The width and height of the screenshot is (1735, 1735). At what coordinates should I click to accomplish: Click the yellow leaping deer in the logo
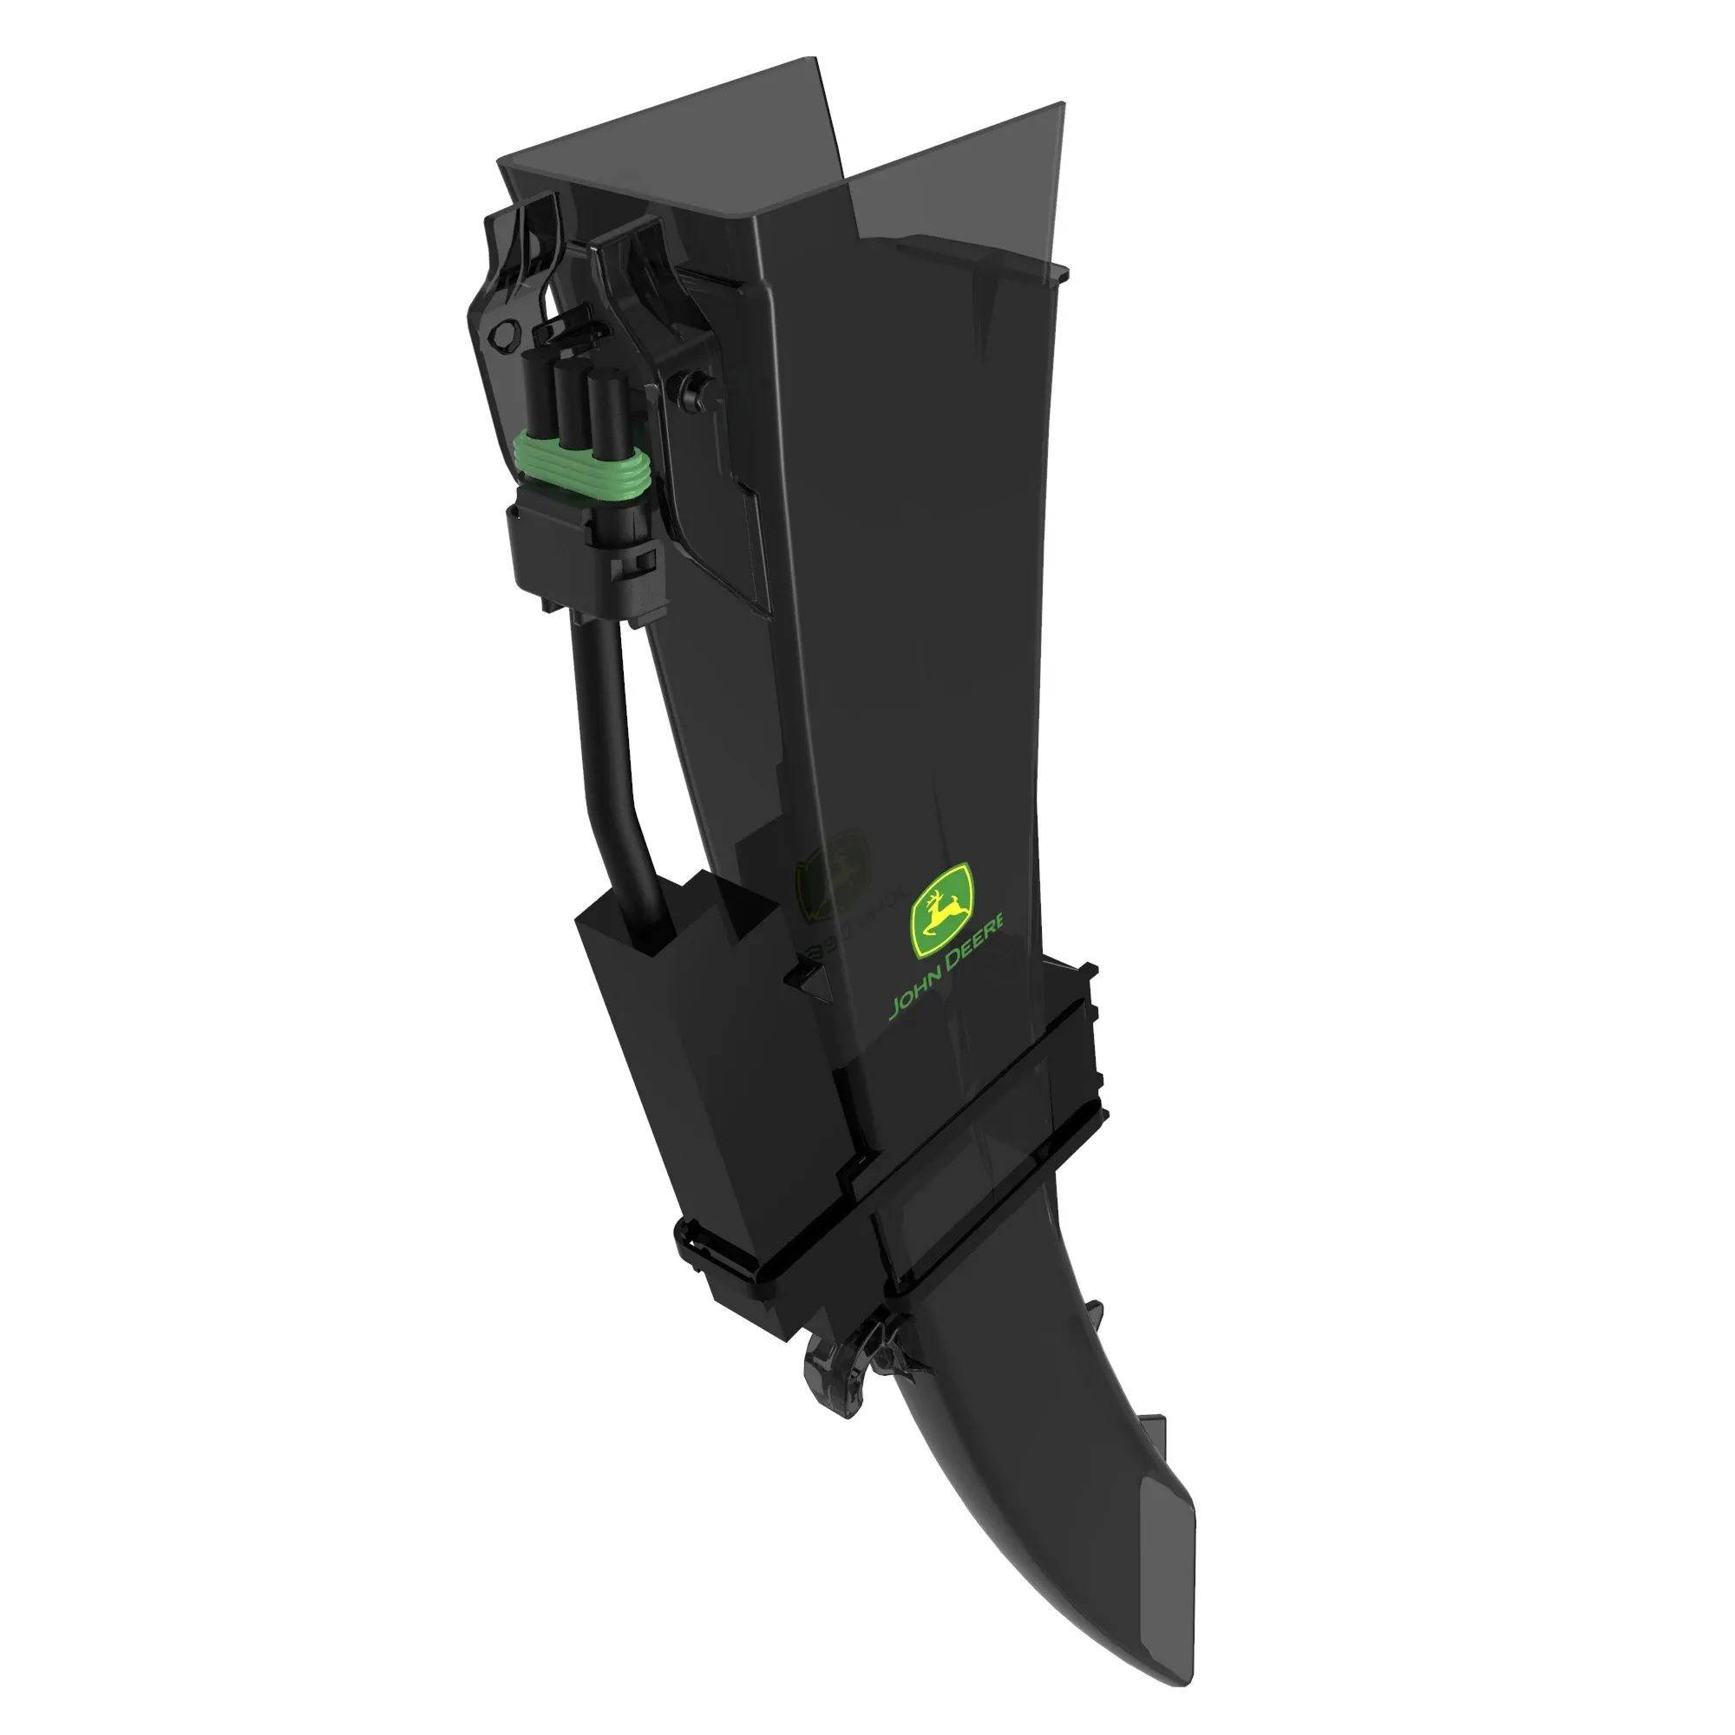[x=940, y=909]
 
